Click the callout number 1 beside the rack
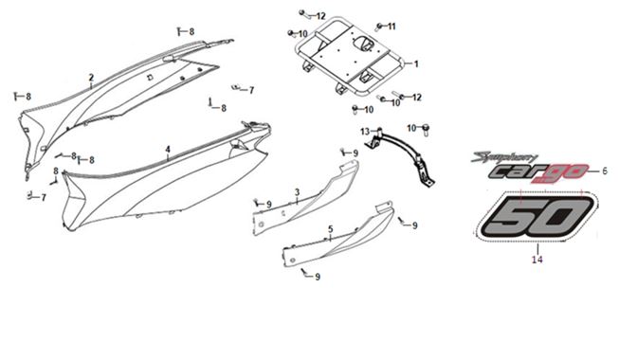point(416,64)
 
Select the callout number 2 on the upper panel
point(91,78)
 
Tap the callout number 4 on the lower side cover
point(168,150)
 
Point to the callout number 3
point(297,192)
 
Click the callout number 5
point(331,229)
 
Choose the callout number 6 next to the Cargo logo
point(605,171)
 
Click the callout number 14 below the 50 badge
point(537,260)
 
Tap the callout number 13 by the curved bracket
point(365,132)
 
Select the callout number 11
point(391,27)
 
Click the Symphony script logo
point(504,158)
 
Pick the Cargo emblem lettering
point(538,172)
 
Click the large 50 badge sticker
point(537,216)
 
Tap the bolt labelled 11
point(378,27)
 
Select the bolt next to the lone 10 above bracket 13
point(426,130)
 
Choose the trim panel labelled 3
point(306,198)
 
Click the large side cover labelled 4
point(166,177)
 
